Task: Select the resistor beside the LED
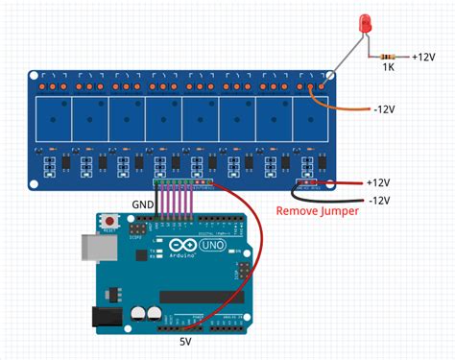pos(388,57)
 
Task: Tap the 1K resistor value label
pos(388,68)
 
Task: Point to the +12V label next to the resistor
pos(425,57)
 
